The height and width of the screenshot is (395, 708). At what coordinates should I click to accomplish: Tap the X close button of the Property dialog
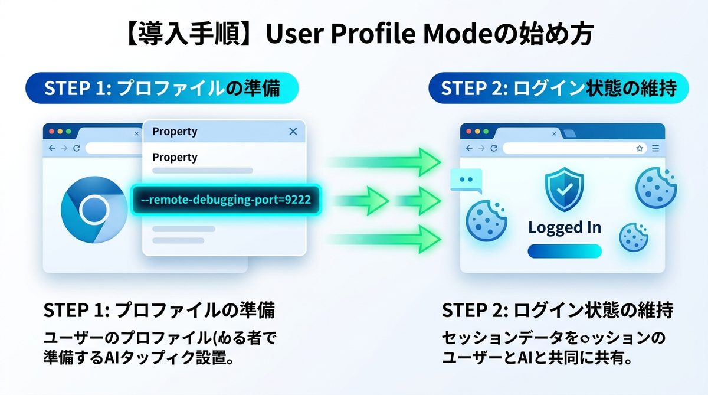click(293, 132)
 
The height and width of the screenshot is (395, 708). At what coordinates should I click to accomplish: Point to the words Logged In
click(565, 227)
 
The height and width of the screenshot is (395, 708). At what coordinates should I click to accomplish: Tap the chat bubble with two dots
click(466, 181)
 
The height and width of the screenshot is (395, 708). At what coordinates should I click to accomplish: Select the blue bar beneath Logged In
click(564, 252)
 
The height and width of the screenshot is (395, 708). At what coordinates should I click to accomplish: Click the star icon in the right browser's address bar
click(640, 148)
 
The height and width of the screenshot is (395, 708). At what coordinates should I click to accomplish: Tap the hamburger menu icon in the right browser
click(655, 148)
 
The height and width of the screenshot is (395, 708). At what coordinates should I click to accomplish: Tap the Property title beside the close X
click(175, 132)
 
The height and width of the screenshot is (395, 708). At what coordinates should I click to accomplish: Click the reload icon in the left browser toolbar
click(76, 149)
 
